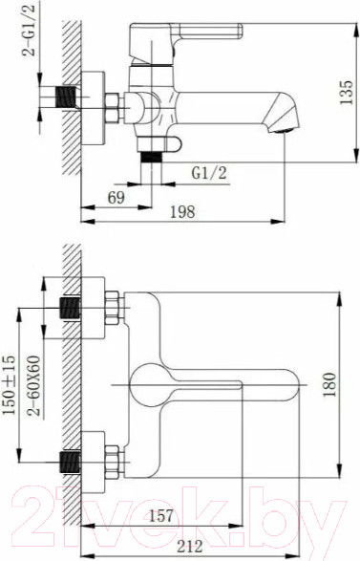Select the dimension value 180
click(330, 383)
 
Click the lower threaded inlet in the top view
click(70, 458)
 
